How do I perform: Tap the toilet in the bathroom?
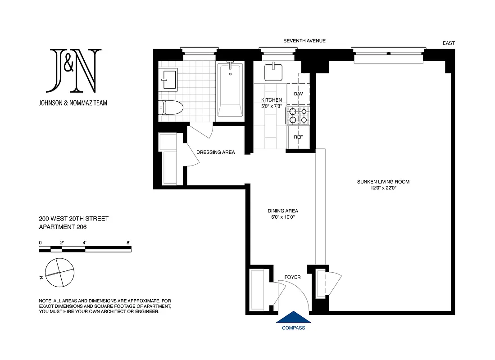point(172,108)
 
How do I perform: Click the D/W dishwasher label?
point(298,94)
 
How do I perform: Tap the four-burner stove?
point(298,116)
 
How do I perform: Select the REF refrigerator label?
point(298,137)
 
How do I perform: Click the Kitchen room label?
point(272,100)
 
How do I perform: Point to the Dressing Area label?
point(216,152)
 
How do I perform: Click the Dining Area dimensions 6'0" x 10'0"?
point(283,217)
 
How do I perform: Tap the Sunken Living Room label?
point(383,182)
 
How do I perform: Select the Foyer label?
point(292,277)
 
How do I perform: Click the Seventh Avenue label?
point(304,41)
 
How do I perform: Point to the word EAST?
point(449,43)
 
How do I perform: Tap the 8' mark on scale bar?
point(129,243)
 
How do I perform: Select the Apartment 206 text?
point(63,227)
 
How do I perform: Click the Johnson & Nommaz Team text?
point(73,103)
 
